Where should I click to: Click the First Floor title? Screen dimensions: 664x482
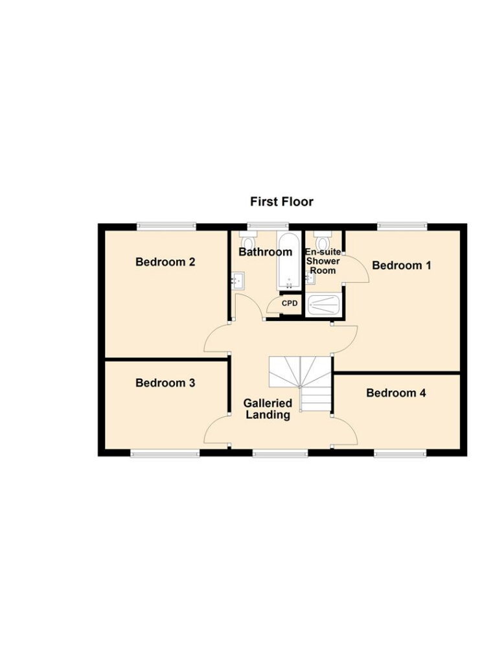(282, 202)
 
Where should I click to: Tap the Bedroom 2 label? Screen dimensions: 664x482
(165, 262)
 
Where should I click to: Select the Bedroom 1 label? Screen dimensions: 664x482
(402, 265)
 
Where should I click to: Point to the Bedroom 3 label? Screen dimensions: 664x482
(165, 383)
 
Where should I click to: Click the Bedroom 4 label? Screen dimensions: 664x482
(396, 392)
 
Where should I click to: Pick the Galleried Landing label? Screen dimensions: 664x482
(268, 409)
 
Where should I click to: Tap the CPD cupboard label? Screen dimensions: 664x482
(289, 303)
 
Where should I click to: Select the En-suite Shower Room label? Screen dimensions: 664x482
(323, 261)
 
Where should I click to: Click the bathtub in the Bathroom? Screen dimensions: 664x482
(287, 261)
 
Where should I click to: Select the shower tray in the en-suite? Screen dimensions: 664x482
(323, 305)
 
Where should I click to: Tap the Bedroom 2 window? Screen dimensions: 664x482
(166, 226)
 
